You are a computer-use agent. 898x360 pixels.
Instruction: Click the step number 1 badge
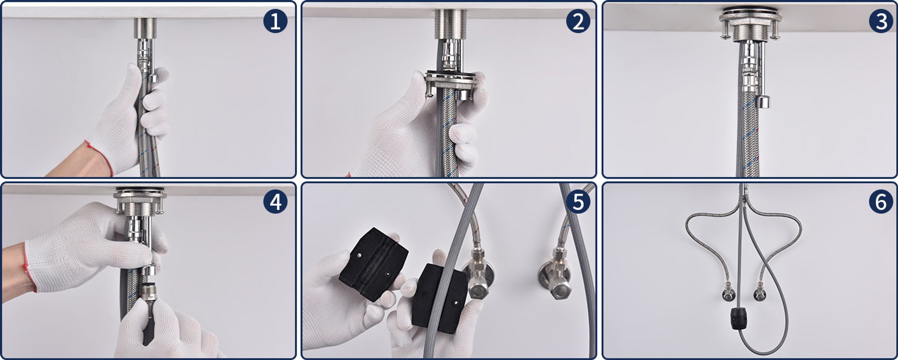tap(275, 21)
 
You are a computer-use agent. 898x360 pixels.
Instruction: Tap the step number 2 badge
tap(578, 21)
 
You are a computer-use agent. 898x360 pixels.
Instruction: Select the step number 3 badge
tap(881, 21)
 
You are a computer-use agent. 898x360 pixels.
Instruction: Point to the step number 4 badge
tap(275, 202)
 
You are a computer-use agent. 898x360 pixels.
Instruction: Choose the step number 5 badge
tap(578, 202)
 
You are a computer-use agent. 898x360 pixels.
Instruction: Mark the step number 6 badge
tap(881, 202)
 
